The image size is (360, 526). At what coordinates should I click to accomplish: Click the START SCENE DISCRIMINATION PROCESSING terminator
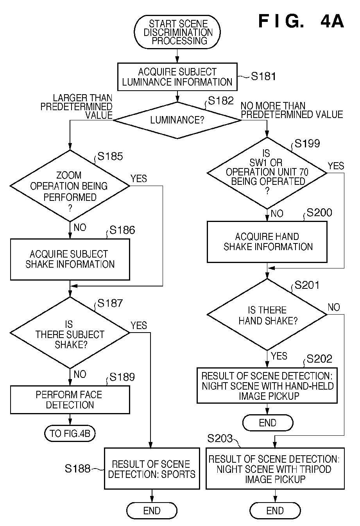click(x=177, y=32)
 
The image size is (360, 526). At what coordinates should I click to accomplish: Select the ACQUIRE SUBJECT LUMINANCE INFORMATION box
click(x=177, y=77)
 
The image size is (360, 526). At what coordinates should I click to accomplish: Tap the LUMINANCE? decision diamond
click(x=177, y=120)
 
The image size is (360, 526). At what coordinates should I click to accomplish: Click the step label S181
click(x=263, y=76)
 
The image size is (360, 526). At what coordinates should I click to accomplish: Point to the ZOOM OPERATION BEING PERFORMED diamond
click(x=70, y=186)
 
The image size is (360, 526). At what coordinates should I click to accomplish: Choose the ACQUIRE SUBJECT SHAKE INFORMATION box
click(x=70, y=259)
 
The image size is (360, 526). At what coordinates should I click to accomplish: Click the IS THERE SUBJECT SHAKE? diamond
click(x=70, y=333)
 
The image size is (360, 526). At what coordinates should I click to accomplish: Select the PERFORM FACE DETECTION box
click(x=70, y=400)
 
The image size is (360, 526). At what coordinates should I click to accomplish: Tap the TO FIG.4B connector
click(x=70, y=433)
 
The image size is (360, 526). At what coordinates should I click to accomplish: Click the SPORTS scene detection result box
click(x=152, y=469)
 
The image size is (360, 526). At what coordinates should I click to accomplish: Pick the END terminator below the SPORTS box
click(x=152, y=511)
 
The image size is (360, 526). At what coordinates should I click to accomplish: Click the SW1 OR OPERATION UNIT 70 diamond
click(x=267, y=173)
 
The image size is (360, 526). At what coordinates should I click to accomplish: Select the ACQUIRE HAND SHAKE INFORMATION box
click(x=267, y=242)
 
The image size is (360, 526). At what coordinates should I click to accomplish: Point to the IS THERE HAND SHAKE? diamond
click(x=267, y=315)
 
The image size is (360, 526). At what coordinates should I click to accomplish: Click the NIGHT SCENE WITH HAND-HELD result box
click(x=267, y=386)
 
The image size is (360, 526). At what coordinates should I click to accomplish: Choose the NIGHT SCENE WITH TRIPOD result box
click(x=275, y=469)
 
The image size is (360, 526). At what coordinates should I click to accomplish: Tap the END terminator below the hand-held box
click(x=268, y=423)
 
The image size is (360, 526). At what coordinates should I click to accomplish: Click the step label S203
click(x=220, y=438)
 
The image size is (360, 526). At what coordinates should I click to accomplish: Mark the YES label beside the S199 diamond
click(x=336, y=166)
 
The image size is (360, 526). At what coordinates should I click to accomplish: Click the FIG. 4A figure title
click(x=301, y=21)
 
